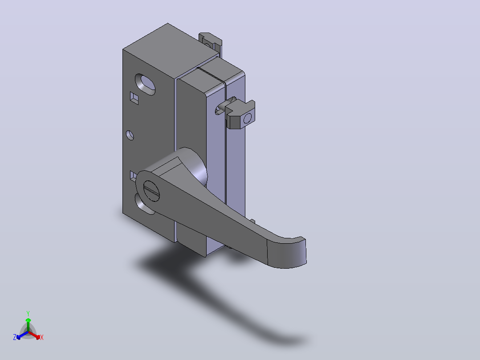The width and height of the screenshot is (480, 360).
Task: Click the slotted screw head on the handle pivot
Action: pyautogui.click(x=151, y=191)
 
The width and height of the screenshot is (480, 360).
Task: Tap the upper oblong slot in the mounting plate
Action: pyautogui.click(x=145, y=84)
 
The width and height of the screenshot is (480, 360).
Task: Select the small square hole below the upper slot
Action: pyautogui.click(x=134, y=98)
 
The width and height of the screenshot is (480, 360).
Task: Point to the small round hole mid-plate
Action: pyautogui.click(x=130, y=135)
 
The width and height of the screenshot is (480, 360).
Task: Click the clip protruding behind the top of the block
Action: pyautogui.click(x=210, y=42)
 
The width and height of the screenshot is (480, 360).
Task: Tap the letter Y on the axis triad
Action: pyautogui.click(x=28, y=313)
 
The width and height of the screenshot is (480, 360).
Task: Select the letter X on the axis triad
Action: pyautogui.click(x=42, y=337)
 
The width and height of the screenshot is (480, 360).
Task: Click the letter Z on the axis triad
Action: pyautogui.click(x=15, y=337)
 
